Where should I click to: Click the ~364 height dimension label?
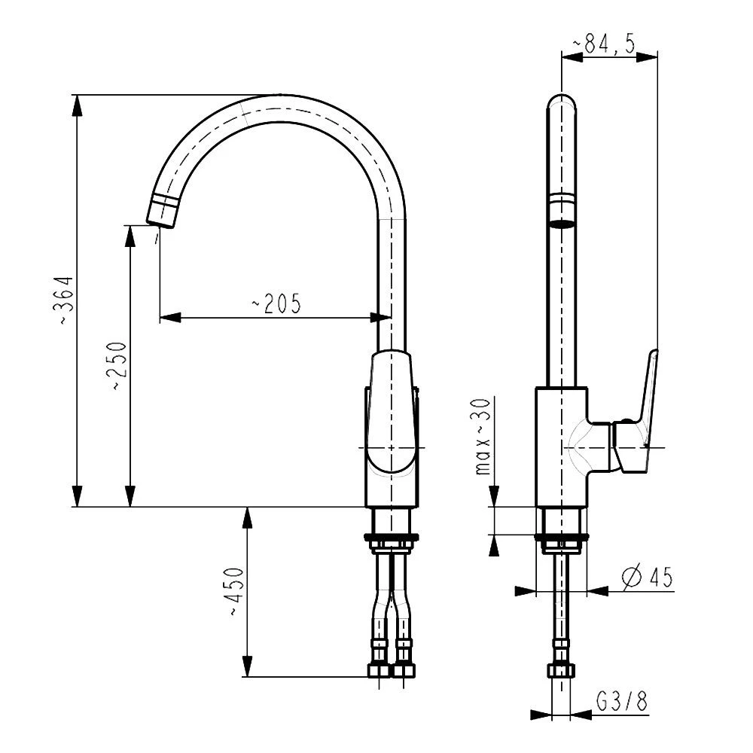(66, 301)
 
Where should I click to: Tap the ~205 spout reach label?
(277, 303)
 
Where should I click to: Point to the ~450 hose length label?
(236, 592)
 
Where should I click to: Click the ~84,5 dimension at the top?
(605, 44)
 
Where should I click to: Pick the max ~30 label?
(483, 437)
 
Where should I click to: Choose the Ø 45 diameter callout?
(647, 578)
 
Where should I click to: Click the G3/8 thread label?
(622, 702)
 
